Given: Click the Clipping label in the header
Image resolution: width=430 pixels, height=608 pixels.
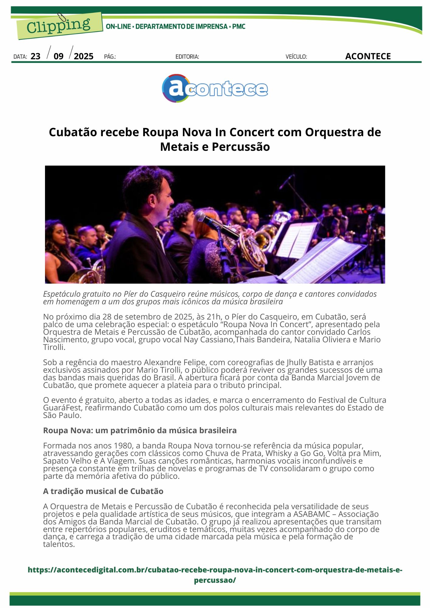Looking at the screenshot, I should (x=58, y=26).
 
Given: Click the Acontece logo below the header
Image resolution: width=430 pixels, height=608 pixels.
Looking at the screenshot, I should (x=215, y=88).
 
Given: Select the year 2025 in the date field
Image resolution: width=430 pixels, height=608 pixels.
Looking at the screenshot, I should (x=84, y=57).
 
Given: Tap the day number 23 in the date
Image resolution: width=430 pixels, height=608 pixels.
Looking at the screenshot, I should (x=36, y=57).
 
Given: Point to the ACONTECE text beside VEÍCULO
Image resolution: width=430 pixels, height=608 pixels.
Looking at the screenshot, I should (x=368, y=57).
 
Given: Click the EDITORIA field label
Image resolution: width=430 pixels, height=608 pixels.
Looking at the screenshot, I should (x=187, y=57).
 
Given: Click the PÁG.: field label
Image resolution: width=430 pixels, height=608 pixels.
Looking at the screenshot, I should (x=110, y=57).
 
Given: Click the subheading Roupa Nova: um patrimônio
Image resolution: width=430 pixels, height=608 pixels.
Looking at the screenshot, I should (x=140, y=430).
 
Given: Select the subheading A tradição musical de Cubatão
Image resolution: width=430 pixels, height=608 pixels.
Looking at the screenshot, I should (x=103, y=491).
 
